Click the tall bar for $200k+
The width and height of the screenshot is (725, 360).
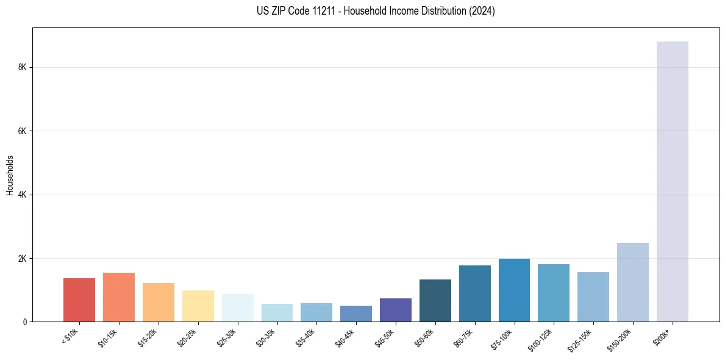point(672,183)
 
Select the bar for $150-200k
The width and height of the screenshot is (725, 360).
point(632,283)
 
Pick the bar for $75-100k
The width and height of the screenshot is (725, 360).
point(514,290)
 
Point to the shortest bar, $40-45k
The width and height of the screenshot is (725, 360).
point(356,314)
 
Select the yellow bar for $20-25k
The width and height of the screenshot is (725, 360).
point(198,306)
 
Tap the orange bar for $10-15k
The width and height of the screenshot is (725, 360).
point(119,297)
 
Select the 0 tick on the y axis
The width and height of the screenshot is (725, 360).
point(24,322)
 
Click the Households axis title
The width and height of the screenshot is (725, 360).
point(10,175)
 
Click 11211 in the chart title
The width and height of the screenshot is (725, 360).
point(324,11)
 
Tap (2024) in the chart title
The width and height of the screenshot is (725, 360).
point(482,11)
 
